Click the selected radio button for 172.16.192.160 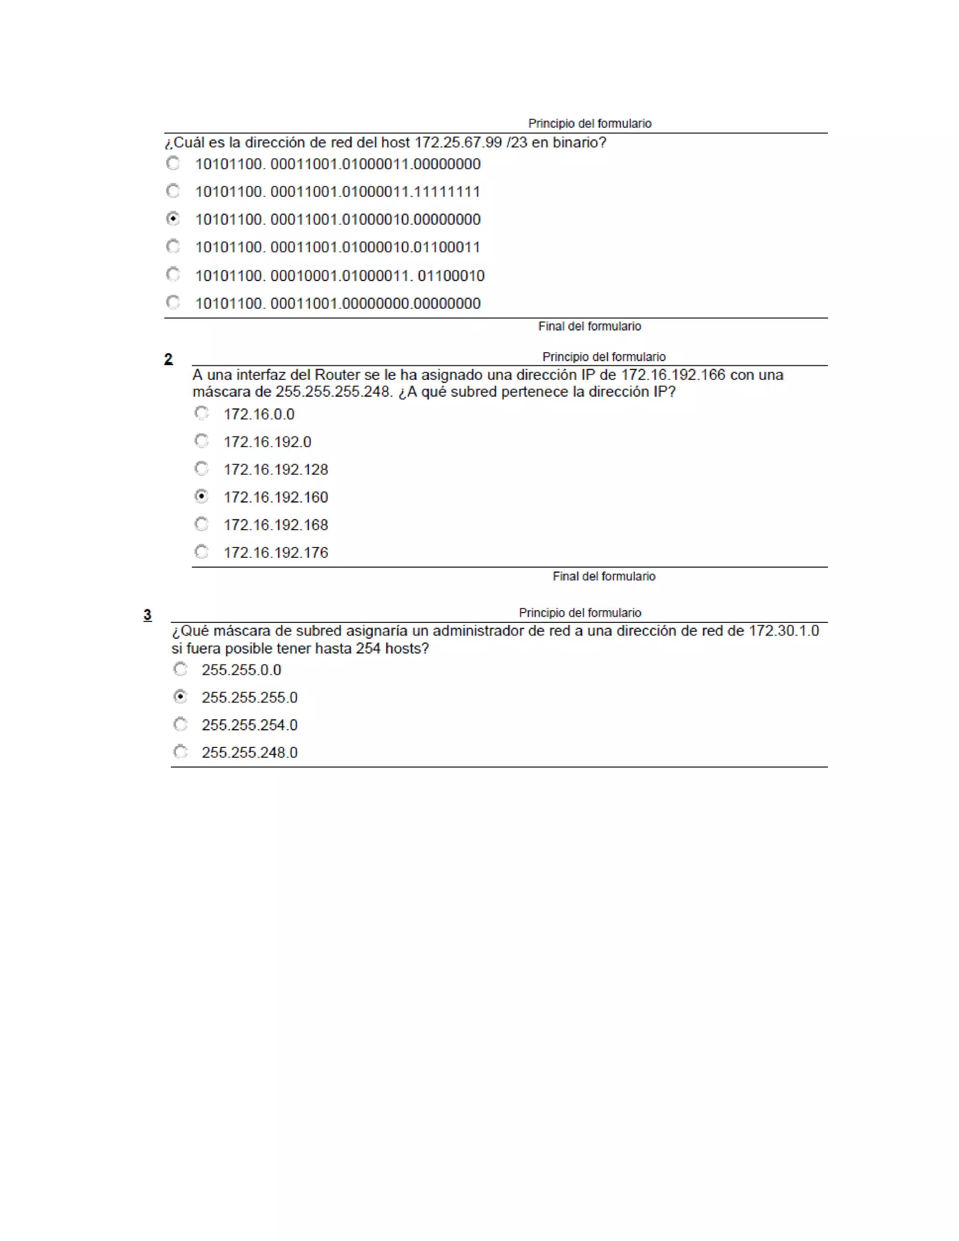click(x=201, y=496)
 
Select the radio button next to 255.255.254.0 click(x=180, y=724)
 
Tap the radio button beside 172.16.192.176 click(x=201, y=551)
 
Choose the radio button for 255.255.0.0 click(x=180, y=669)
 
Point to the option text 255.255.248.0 click(x=250, y=753)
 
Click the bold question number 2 click(x=168, y=359)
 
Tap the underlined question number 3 click(x=147, y=615)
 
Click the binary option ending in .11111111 click(x=338, y=192)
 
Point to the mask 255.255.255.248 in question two click(x=334, y=392)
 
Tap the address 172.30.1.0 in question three click(x=783, y=631)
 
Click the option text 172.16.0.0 click(x=259, y=414)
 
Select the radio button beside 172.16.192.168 click(x=201, y=524)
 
